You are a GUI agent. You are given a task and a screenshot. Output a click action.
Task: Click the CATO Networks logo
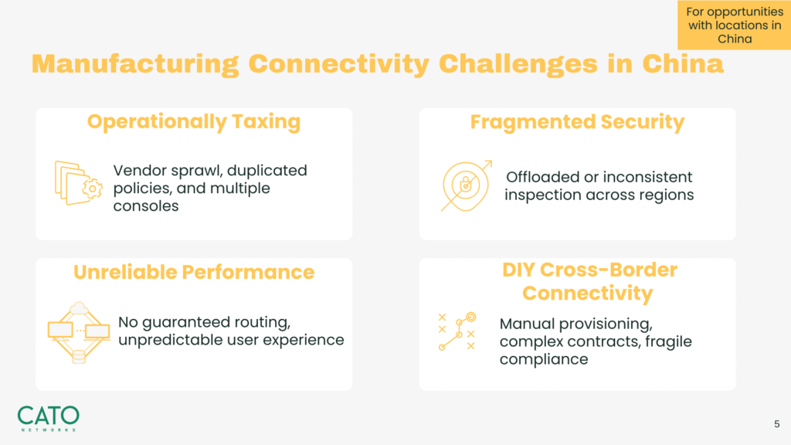(49, 419)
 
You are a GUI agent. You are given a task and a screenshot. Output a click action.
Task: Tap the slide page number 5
(777, 424)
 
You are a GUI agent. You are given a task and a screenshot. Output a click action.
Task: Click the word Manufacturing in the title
(135, 64)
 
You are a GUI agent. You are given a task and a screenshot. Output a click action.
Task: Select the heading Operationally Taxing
(194, 121)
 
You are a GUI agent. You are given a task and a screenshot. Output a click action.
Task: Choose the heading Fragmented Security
(577, 121)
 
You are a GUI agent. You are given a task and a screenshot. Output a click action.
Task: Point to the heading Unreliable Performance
(194, 272)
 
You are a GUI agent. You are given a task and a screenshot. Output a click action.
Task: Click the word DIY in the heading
(518, 270)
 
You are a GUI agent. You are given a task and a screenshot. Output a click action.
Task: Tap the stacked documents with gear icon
(78, 182)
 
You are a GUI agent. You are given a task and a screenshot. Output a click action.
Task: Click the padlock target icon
(466, 185)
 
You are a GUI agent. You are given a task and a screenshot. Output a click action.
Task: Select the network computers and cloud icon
(79, 332)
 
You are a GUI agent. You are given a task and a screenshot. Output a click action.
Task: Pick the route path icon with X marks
(457, 331)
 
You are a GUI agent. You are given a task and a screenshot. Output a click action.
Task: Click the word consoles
(146, 206)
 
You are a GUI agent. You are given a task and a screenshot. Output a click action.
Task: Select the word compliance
(544, 359)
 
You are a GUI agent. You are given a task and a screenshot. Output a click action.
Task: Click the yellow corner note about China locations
(734, 25)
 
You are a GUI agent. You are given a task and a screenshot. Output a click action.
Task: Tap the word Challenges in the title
(518, 64)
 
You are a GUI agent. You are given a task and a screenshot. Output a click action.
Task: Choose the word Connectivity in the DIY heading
(588, 293)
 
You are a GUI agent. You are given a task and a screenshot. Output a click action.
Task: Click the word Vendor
(140, 171)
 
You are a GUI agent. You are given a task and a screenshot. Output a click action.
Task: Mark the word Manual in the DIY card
(527, 324)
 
